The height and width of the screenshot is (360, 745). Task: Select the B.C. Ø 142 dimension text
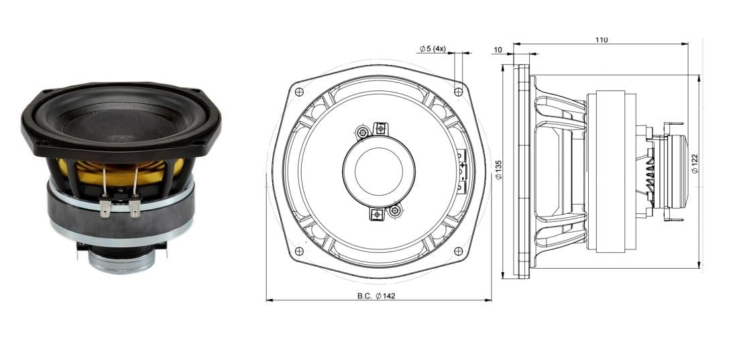point(376,296)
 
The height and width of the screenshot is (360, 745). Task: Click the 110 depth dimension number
point(601,40)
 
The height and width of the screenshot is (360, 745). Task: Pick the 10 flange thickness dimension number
point(498,50)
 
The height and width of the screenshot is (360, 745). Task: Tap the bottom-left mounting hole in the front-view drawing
point(299,251)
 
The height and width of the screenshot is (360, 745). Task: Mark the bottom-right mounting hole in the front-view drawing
point(458,251)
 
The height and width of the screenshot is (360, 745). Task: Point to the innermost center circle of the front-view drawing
point(378,172)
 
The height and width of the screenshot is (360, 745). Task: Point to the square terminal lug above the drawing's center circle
point(380,127)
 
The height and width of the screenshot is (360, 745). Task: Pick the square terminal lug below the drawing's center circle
point(377,215)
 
